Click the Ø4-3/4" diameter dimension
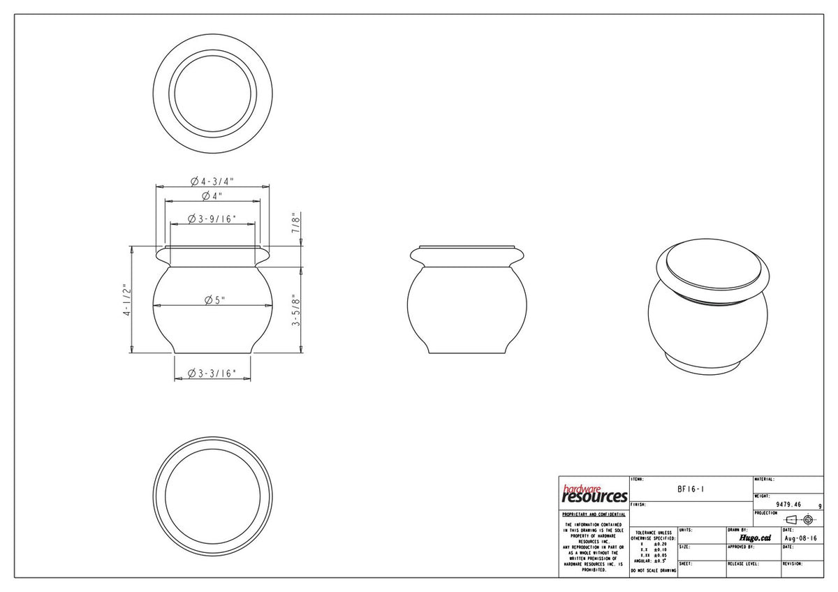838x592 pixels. (x=212, y=182)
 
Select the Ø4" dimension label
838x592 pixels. (x=212, y=195)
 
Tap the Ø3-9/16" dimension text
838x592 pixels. (x=212, y=219)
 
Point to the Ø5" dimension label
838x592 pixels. (x=212, y=300)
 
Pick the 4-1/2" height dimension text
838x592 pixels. (x=125, y=300)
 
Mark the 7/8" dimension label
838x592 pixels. (x=296, y=223)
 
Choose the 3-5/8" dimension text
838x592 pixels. (x=296, y=310)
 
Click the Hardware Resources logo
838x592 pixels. (x=594, y=494)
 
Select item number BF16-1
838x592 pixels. (x=691, y=489)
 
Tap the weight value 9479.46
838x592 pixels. (x=788, y=504)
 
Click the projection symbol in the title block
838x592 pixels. (x=800, y=519)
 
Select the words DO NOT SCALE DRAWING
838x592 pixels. (x=653, y=571)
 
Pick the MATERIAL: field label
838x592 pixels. (x=765, y=480)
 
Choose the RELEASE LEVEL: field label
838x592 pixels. (x=743, y=563)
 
